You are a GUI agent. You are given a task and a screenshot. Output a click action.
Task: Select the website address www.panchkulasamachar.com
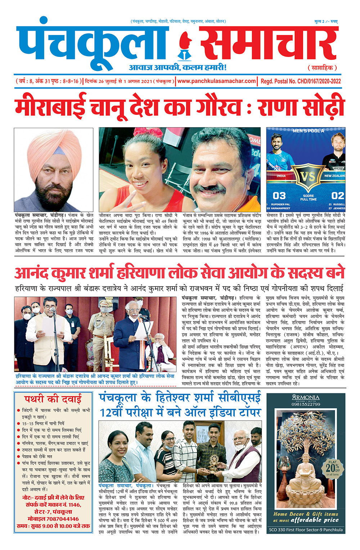coord(217,81)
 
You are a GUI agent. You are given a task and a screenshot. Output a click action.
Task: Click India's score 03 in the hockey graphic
coord(279,196)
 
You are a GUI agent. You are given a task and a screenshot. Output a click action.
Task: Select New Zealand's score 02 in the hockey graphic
coord(338,196)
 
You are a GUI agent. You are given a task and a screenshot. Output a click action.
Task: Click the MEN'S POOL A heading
coord(308,131)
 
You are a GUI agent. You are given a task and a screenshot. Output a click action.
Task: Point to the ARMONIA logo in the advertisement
coord(306,398)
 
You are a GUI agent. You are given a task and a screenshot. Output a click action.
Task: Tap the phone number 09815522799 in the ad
coord(306,404)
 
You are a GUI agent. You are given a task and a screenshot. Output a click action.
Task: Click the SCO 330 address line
coord(306,529)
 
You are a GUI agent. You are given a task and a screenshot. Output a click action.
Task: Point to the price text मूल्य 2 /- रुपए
coord(326,22)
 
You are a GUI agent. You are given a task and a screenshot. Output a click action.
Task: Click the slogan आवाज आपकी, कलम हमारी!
coord(178,68)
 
